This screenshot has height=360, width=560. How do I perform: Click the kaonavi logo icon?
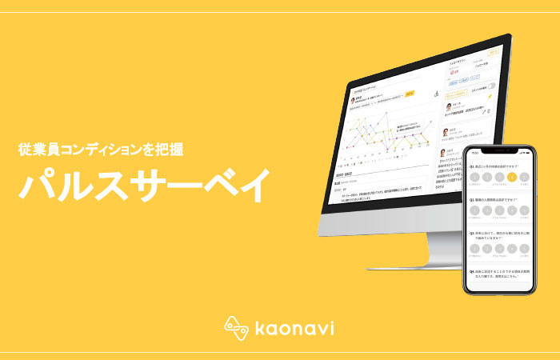click(234, 327)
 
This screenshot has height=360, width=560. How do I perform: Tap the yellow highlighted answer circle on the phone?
click(511, 177)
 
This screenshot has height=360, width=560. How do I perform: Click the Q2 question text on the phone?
click(496, 198)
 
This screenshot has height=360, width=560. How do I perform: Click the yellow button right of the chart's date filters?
click(410, 94)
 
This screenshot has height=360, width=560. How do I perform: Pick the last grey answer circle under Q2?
click(524, 211)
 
